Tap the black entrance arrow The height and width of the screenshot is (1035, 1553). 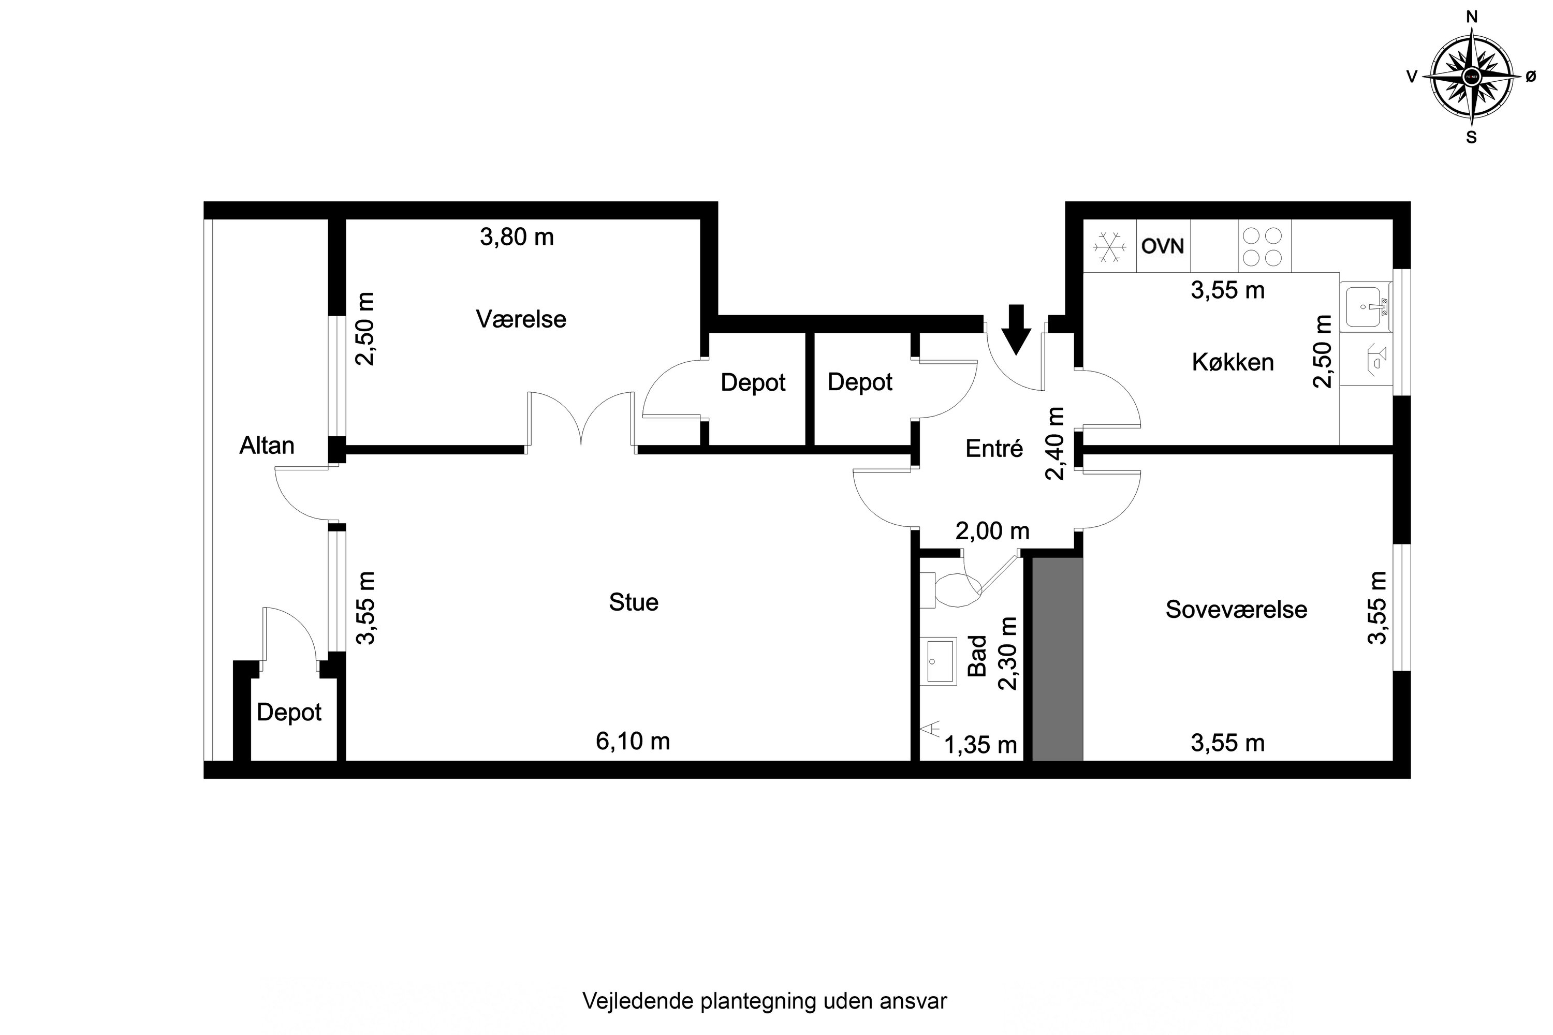pos(1016,329)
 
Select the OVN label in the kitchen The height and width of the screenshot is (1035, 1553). pos(1163,246)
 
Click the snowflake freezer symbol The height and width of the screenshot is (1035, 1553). pos(1109,247)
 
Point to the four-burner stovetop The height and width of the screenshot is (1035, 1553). pos(1263,246)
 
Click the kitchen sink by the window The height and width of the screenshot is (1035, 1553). pos(1364,307)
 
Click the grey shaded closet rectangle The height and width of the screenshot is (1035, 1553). pos(1057,659)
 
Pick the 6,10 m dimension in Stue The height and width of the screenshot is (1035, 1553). pos(633,741)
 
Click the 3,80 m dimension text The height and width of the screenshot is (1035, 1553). pos(516,237)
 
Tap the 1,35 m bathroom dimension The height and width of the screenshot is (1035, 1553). pos(980,745)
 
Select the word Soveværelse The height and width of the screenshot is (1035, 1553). pos(1235,609)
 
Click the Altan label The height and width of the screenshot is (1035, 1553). pos(266,446)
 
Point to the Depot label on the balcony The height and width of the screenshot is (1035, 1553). pos(288,712)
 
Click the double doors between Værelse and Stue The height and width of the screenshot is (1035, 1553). pos(580,420)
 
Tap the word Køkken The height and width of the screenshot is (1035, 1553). pos(1232,362)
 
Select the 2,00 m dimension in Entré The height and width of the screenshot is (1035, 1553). pos(992,531)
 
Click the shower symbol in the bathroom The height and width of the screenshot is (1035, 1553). pos(931,729)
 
